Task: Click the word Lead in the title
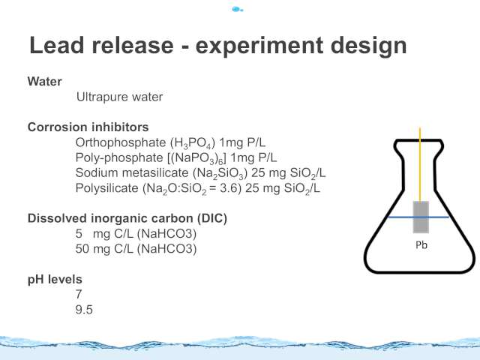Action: pos(57,45)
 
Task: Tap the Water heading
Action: pos(45,82)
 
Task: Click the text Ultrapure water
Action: pos(120,97)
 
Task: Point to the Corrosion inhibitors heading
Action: pos(88,127)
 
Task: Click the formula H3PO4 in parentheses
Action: pos(193,143)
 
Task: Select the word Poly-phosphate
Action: pos(119,158)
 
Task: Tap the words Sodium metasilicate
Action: pos(132,172)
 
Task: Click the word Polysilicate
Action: pos(106,188)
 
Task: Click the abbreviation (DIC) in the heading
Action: pos(212,218)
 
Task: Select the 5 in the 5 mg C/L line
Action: pos(79,233)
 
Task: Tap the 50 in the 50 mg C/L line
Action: pos(82,248)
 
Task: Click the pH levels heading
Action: pos(55,280)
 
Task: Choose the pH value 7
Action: pos(79,294)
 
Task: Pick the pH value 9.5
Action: pos(84,310)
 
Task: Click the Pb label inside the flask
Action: pos(421,245)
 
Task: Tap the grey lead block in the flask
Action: pos(421,217)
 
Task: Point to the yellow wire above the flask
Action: pos(420,164)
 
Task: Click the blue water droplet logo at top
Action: pos(238,10)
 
